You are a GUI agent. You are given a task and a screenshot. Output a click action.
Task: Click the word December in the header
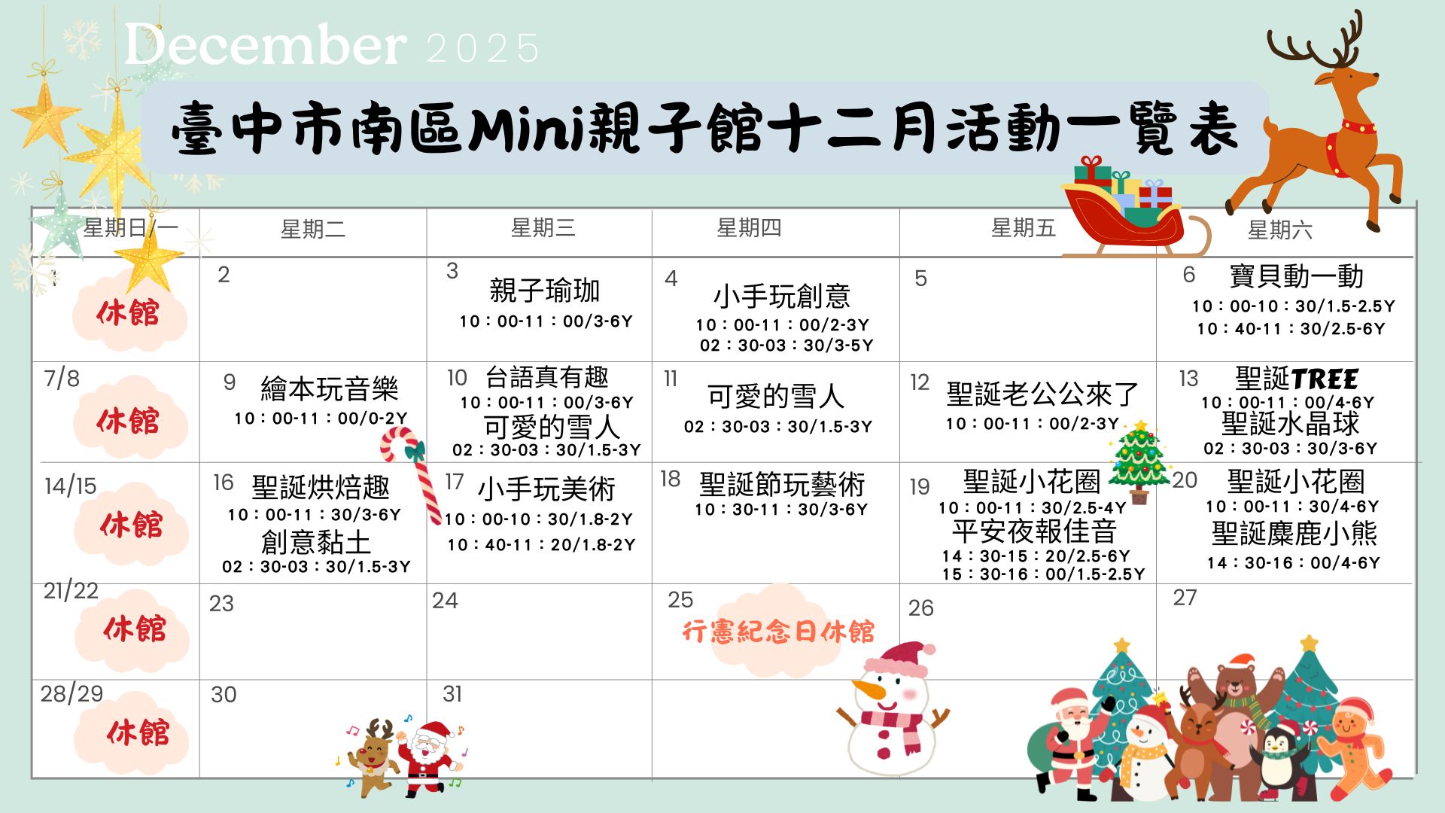point(265,45)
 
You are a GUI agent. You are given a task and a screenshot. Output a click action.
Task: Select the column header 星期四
point(749,227)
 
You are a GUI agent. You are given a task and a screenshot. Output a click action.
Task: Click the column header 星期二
point(313,229)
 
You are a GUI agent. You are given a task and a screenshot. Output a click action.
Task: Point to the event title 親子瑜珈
point(544,290)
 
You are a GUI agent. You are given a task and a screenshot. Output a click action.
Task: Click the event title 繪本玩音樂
point(329,389)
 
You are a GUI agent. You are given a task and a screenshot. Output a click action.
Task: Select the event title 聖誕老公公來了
point(1042,394)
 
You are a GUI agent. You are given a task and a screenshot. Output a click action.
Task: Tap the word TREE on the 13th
point(1325,379)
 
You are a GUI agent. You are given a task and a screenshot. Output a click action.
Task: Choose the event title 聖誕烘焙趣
point(321,488)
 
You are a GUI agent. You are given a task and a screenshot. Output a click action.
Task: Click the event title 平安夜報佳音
point(1034,531)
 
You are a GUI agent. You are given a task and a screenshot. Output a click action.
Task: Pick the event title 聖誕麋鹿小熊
point(1294,534)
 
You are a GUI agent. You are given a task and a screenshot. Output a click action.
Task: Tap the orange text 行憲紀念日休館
point(778,631)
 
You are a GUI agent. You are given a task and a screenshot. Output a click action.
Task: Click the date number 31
point(452,693)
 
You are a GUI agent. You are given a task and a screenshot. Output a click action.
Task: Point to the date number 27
point(1185,598)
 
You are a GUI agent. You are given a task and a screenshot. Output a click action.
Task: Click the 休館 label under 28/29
point(138,732)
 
